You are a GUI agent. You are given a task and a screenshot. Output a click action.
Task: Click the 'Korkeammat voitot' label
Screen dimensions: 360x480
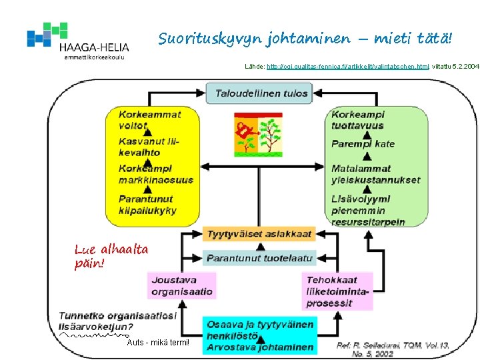tap(149, 119)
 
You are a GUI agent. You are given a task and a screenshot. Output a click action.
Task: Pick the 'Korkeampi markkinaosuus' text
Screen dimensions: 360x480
tap(155, 173)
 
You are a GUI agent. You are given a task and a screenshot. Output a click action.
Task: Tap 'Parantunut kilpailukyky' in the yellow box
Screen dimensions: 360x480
tap(147, 204)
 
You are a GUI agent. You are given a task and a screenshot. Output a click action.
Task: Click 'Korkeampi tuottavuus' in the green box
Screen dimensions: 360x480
tap(357, 119)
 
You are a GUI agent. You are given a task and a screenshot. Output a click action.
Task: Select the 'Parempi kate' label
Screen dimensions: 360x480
tap(363, 143)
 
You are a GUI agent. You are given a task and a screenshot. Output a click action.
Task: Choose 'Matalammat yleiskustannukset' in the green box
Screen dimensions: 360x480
tap(375, 174)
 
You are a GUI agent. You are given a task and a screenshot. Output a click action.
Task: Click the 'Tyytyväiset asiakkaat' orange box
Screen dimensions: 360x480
tap(259, 233)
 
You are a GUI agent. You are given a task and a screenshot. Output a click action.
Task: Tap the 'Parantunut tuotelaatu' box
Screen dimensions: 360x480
tap(259, 257)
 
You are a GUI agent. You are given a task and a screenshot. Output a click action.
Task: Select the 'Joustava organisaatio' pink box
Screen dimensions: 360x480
tap(182, 285)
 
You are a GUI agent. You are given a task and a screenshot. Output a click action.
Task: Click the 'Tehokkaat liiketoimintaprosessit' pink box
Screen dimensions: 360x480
tap(337, 291)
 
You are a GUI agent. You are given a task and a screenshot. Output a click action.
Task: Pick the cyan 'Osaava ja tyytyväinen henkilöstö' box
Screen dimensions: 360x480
tap(259, 335)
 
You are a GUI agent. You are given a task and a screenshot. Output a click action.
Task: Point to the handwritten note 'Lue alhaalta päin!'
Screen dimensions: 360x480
tap(111, 256)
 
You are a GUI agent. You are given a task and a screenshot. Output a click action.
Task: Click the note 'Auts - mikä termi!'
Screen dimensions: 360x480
tap(158, 343)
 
